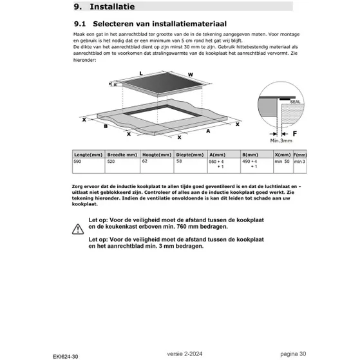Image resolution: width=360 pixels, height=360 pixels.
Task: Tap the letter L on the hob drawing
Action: (x=140, y=73)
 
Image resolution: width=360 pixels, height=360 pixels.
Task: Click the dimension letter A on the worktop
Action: (x=208, y=130)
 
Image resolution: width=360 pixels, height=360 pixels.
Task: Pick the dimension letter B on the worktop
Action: (x=105, y=127)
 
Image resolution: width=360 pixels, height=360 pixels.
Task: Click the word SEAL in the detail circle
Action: (x=294, y=101)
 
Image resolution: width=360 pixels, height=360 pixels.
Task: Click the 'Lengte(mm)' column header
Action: (x=88, y=155)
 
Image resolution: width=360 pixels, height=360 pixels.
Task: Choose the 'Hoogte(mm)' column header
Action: (x=156, y=155)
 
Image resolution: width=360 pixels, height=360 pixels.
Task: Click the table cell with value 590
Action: (x=79, y=162)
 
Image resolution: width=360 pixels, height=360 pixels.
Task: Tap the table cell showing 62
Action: (x=145, y=162)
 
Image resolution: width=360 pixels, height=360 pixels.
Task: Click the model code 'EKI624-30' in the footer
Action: (x=66, y=353)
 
